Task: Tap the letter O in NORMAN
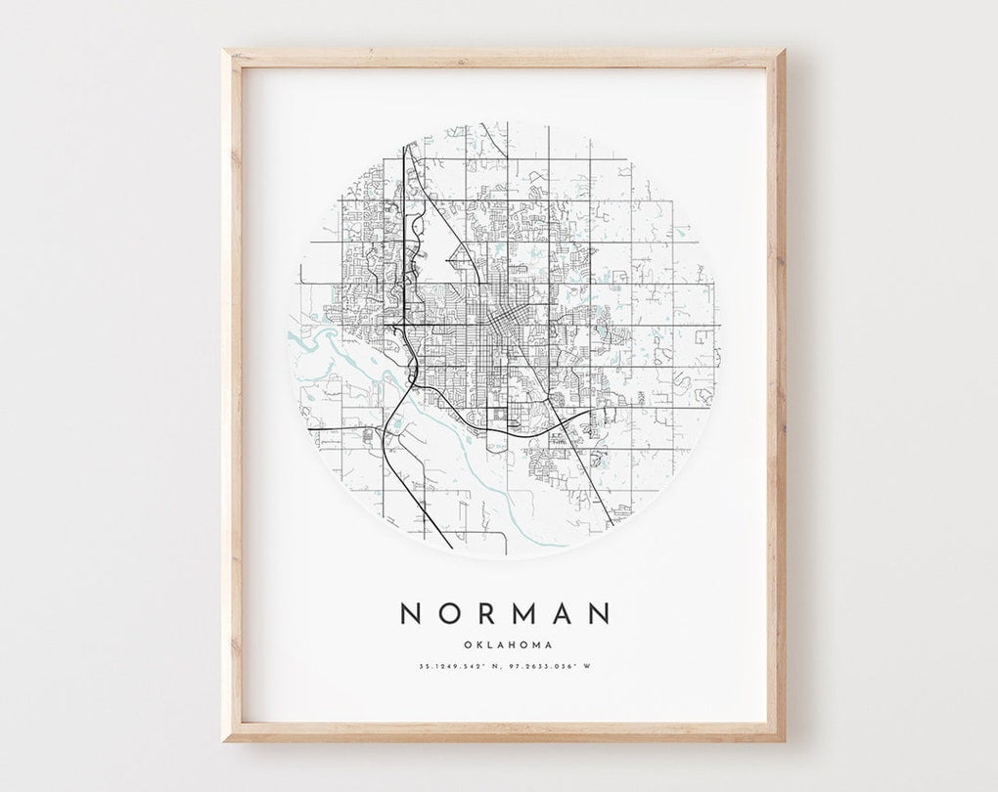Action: [449, 613]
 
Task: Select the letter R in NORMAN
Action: [486, 613]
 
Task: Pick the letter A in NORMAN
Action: [565, 613]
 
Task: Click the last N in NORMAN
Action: [600, 613]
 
